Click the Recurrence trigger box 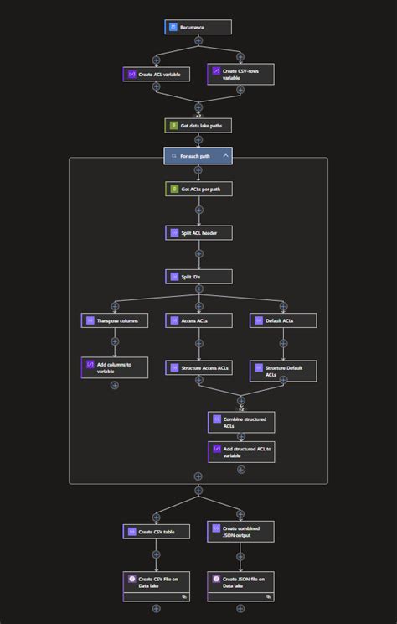click(x=198, y=27)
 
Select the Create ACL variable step click(x=156, y=75)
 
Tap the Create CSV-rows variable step click(x=240, y=75)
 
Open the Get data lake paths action click(x=198, y=125)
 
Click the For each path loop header click(x=198, y=156)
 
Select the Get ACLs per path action click(x=198, y=189)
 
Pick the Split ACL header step click(x=198, y=232)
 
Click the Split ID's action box click(x=198, y=276)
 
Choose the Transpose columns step click(x=115, y=320)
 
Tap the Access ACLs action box click(x=198, y=320)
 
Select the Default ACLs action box click(x=283, y=320)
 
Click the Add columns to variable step click(x=115, y=367)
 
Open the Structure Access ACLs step click(x=198, y=367)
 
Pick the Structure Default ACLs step click(x=283, y=371)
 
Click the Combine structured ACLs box click(x=240, y=421)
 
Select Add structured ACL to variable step click(x=240, y=452)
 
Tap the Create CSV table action click(x=156, y=531)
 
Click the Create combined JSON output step click(x=240, y=531)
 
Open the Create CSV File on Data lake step click(x=156, y=585)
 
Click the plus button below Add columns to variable click(x=115, y=385)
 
